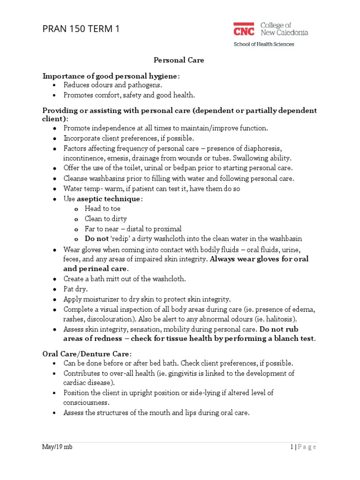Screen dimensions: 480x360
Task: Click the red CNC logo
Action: point(244,29)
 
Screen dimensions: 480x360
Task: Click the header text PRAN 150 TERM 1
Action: point(81,29)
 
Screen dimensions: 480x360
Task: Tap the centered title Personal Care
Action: point(180,60)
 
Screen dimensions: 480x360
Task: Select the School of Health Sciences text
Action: point(264,45)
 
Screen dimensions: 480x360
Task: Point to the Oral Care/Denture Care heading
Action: point(87,353)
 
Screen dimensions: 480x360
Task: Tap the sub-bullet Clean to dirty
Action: point(105,218)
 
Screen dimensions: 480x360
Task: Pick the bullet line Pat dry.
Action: point(75,289)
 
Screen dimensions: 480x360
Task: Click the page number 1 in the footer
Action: point(291,447)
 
